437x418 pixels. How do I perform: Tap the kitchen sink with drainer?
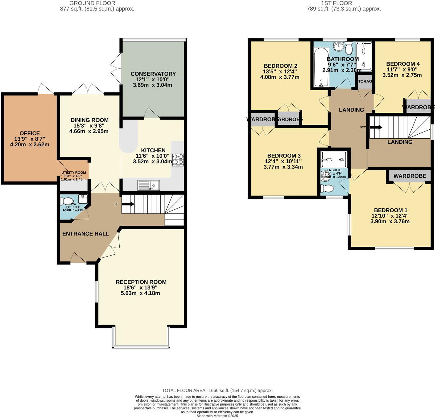coord(149,185)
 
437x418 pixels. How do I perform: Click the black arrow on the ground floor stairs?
coord(128,204)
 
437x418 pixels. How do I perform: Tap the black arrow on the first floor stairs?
coord(376,128)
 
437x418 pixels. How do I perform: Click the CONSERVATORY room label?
coord(153,74)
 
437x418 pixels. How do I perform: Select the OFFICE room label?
coord(30,133)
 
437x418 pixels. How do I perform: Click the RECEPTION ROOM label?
coord(141,282)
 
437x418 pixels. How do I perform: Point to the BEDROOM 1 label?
coord(390,210)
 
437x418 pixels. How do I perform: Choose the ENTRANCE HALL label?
coord(86,234)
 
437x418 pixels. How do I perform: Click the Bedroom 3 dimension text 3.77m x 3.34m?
coord(283,167)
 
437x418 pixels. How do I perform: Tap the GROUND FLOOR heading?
coord(92,3)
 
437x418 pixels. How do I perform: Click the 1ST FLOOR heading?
coord(336,3)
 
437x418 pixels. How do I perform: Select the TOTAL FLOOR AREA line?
coord(217,391)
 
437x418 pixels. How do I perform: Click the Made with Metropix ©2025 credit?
coord(217,416)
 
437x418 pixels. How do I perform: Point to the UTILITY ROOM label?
coord(73,172)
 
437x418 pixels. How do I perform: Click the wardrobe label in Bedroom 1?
coord(410,176)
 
